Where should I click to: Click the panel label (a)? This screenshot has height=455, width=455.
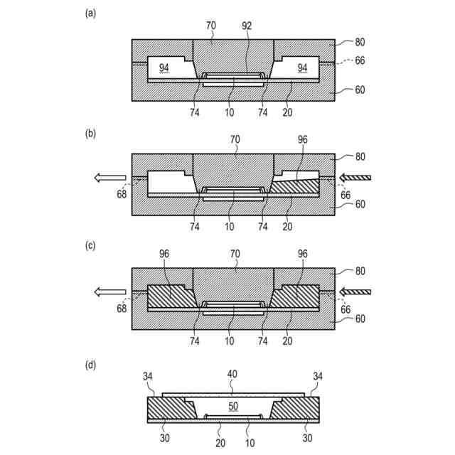coord(90,13)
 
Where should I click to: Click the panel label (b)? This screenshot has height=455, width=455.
coord(90,130)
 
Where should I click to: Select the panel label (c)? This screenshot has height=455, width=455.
coord(90,245)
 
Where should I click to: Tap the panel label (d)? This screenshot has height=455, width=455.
coord(90,365)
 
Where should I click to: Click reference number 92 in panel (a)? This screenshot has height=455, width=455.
coord(247,26)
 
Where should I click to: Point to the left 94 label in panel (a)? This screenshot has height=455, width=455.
coord(164,68)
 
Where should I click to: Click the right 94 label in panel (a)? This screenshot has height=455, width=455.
coord(302,68)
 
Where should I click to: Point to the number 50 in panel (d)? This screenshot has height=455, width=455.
coord(232,406)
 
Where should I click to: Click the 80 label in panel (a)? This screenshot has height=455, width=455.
coord(360,42)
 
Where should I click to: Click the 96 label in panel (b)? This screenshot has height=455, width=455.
coord(303,141)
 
